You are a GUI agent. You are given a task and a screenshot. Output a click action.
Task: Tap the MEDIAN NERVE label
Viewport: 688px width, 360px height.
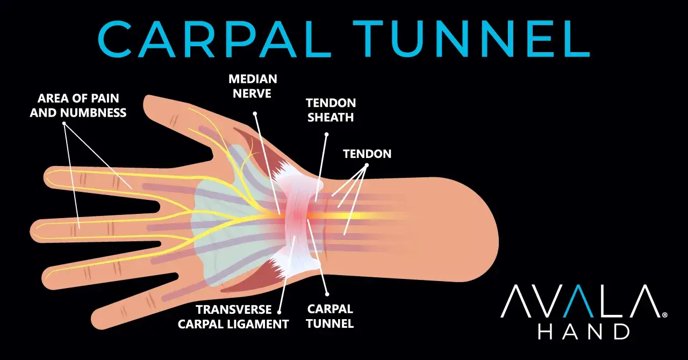(253, 86)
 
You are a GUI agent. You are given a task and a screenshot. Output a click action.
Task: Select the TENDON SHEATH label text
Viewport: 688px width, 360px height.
(331, 110)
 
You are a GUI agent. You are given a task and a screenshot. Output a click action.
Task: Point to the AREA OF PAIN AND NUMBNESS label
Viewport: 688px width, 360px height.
(78, 105)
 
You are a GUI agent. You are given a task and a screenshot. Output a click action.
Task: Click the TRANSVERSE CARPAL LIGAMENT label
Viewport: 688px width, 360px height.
(233, 316)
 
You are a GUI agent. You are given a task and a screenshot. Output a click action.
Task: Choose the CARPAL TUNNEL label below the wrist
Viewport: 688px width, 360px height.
(330, 316)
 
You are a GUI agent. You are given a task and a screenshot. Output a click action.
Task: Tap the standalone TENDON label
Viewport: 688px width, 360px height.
(367, 154)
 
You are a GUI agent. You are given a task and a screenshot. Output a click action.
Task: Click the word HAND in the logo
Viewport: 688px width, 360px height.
(584, 332)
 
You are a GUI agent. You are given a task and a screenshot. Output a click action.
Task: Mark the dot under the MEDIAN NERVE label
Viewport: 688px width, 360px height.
(255, 114)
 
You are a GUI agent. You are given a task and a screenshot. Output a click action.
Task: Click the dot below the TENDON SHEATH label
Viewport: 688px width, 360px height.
(326, 134)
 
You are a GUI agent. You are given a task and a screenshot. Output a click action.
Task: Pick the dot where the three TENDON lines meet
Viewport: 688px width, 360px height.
(367, 165)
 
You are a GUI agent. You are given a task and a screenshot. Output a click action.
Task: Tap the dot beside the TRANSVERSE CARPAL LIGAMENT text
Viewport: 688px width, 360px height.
(279, 312)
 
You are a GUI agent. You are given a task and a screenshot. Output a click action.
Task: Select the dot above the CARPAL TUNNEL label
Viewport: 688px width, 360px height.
(327, 294)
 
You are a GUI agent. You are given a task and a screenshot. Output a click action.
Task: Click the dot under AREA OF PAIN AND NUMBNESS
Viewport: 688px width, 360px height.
(64, 124)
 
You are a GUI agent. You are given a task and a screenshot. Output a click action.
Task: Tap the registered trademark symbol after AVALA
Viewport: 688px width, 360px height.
(665, 315)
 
